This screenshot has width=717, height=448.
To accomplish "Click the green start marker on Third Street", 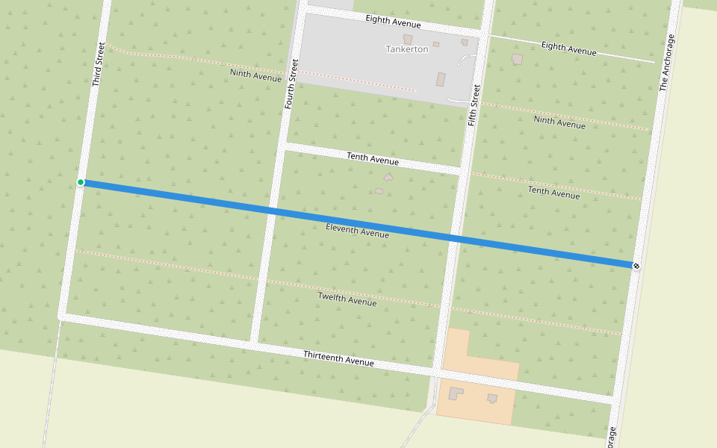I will coord(81,182).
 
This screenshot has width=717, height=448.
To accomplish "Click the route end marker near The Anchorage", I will coord(636,265).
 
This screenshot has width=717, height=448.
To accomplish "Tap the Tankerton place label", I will coord(407,49).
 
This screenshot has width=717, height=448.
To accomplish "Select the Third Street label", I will coord(99,64).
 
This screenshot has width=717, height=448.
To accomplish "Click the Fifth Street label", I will coord(474,105).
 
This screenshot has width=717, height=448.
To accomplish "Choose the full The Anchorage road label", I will coord(667,63).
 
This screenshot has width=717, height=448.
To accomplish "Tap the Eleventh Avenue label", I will coord(357,231).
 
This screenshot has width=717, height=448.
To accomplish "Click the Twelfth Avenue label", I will coord(347,299).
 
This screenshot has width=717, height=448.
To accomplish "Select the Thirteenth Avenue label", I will coord(338,358).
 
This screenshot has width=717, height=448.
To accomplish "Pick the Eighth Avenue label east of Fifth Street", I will coord(569,49).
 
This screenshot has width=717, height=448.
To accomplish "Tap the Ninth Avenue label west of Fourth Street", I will coord(255,75).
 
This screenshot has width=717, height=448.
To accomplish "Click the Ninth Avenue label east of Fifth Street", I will coord(559,122).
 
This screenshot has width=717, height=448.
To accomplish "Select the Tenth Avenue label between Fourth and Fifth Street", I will coord(373,158).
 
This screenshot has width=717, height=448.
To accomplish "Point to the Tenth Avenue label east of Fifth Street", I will coord(553,192).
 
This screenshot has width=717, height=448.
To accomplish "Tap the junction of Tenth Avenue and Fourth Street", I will coord(282,146).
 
